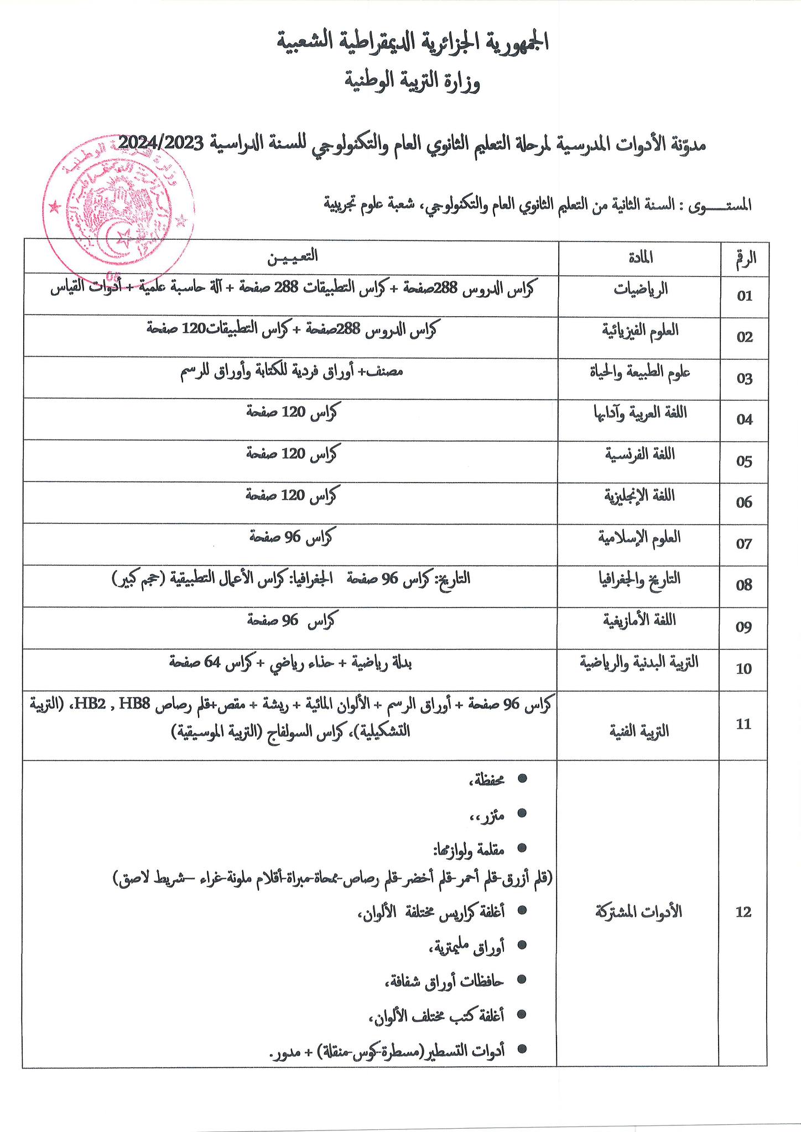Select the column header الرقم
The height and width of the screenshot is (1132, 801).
point(745,257)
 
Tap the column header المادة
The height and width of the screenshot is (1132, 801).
point(641,256)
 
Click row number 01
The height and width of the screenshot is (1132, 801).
point(745,296)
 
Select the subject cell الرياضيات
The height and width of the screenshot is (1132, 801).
point(642,289)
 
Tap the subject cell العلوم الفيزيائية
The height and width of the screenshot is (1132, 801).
point(641,331)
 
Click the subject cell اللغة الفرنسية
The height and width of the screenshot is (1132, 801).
point(641,454)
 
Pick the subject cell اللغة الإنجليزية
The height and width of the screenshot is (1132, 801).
point(641,496)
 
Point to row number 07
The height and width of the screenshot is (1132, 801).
point(745,544)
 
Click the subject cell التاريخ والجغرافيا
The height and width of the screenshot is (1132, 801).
point(641,579)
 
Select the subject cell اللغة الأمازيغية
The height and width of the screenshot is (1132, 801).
point(641,620)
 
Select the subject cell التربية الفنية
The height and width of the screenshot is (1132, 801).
point(641,731)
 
